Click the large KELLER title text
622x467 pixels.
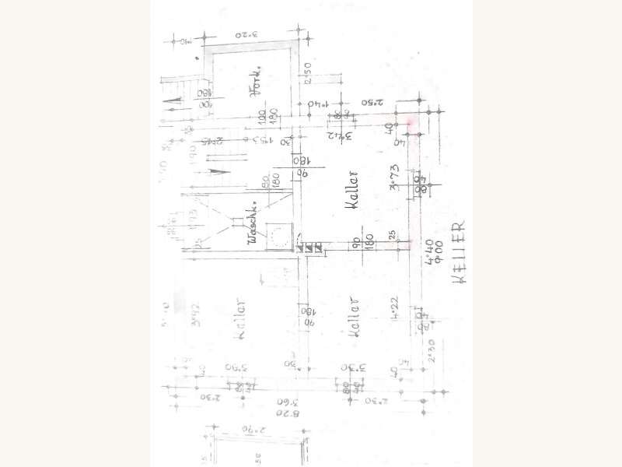click(x=460, y=251)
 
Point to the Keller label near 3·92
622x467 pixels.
click(x=242, y=320)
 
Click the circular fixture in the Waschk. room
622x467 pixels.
click(x=276, y=233)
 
